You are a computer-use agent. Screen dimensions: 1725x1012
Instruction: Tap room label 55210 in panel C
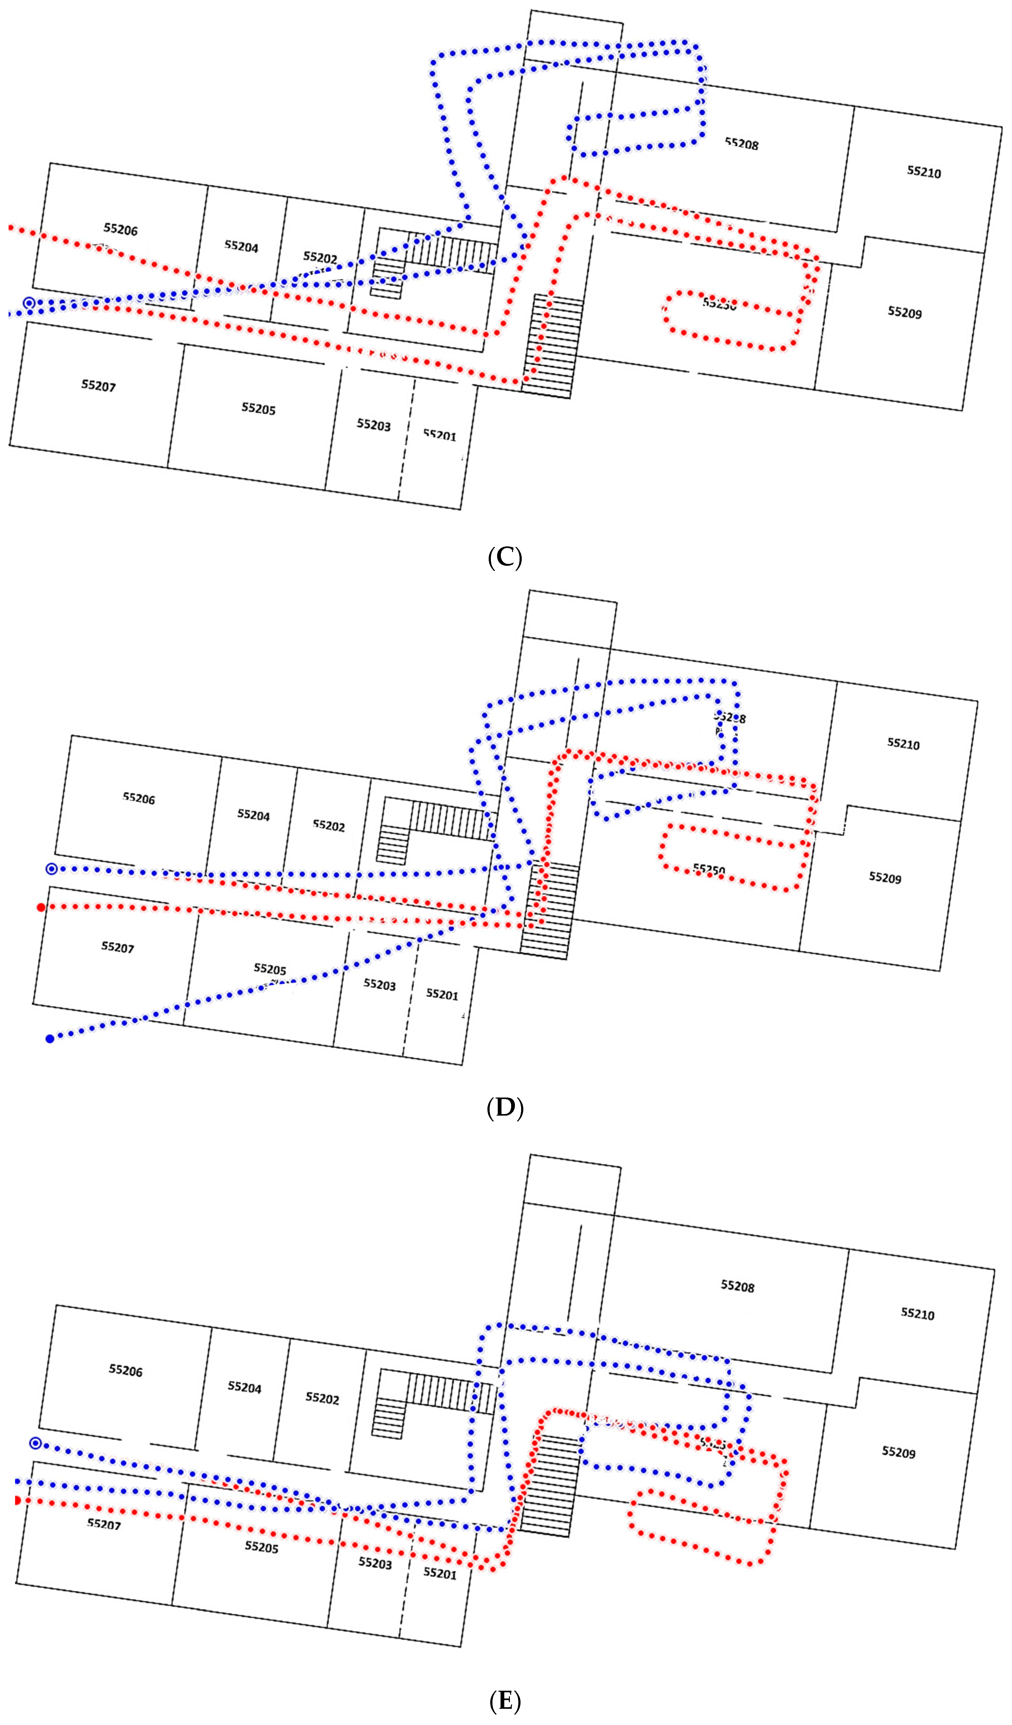pos(924,172)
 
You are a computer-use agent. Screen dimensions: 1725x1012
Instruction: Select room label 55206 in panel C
pos(120,229)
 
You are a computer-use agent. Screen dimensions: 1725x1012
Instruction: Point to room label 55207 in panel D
pos(118,947)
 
